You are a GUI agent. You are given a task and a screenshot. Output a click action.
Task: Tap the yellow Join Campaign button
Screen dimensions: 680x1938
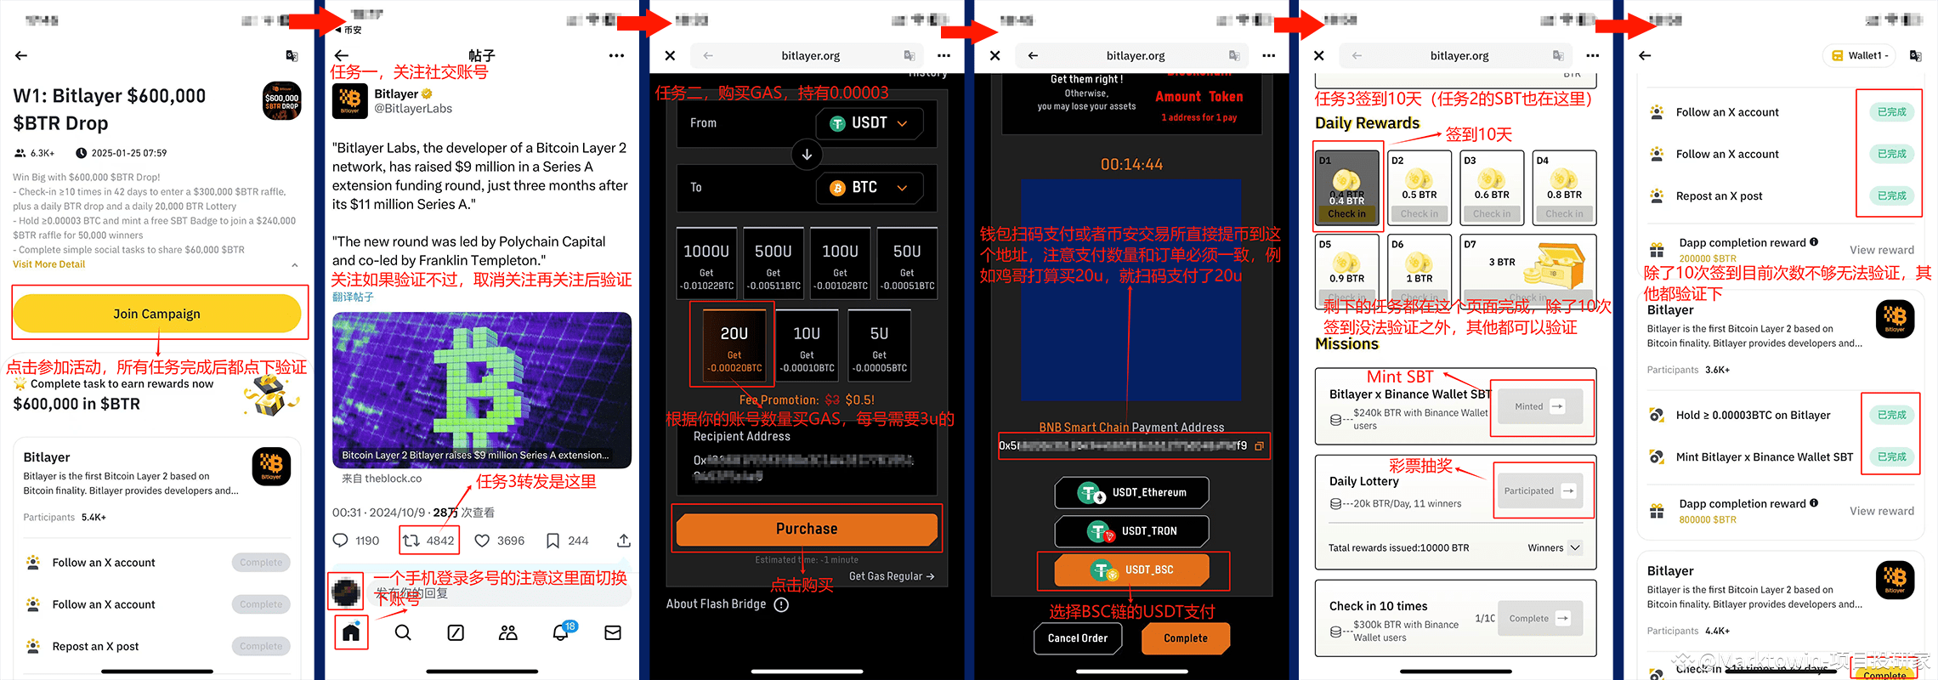click(156, 314)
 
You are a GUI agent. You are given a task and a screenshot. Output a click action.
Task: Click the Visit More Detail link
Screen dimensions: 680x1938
click(49, 264)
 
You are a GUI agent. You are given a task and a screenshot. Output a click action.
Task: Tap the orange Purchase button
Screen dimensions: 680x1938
click(807, 529)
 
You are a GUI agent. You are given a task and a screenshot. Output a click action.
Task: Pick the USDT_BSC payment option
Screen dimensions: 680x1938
click(1132, 570)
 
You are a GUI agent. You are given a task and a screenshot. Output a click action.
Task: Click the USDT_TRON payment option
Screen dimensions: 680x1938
click(1132, 531)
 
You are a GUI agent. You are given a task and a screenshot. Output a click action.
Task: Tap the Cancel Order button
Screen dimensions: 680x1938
click(1078, 638)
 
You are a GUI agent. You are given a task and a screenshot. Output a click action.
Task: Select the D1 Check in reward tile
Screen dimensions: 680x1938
click(1347, 188)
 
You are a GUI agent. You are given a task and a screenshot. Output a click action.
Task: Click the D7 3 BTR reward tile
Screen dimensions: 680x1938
click(1527, 270)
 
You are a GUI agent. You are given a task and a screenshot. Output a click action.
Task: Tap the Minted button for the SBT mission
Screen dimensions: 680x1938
click(1539, 406)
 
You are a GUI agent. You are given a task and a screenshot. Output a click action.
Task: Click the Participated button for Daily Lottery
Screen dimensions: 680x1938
click(1539, 490)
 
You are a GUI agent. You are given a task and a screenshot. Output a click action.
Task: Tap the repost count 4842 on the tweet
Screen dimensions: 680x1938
click(429, 541)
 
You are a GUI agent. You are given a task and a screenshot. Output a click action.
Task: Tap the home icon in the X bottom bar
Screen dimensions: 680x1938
click(351, 632)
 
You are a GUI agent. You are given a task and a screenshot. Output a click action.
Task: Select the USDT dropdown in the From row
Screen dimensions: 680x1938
click(869, 123)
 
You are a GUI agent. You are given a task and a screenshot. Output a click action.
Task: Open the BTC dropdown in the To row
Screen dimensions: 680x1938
click(869, 188)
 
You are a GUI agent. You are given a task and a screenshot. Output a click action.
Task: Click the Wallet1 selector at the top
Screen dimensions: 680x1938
click(1859, 56)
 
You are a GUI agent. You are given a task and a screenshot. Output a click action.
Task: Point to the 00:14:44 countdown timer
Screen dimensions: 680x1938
click(1131, 164)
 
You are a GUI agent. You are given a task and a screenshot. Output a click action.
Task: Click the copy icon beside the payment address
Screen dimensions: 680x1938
click(1260, 446)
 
